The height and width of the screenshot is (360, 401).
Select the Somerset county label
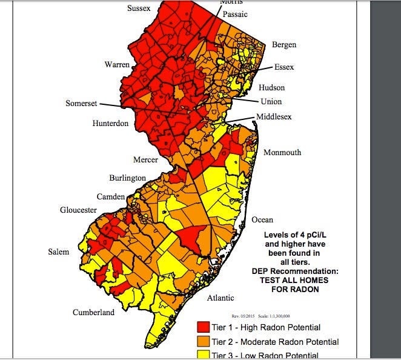click(81, 104)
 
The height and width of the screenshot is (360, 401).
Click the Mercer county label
click(145, 160)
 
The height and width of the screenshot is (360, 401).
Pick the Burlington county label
click(127, 178)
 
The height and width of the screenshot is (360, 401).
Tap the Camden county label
click(111, 196)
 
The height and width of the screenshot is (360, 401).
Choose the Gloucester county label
click(78, 210)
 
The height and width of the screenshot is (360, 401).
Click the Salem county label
click(59, 252)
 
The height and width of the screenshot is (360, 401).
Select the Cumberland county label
click(93, 313)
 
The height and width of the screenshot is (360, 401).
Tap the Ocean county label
click(262, 219)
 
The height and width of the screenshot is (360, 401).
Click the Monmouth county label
click(282, 152)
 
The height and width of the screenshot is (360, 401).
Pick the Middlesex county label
click(274, 116)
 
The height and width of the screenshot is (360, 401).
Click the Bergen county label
click(284, 45)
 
